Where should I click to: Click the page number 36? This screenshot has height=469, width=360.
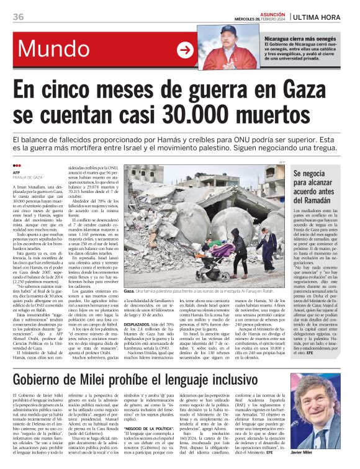[x=17, y=16]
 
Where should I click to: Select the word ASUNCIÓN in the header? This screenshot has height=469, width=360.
[x=267, y=12]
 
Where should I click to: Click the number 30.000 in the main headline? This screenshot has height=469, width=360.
[x=210, y=114]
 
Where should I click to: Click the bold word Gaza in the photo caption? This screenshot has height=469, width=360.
[x=130, y=291]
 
